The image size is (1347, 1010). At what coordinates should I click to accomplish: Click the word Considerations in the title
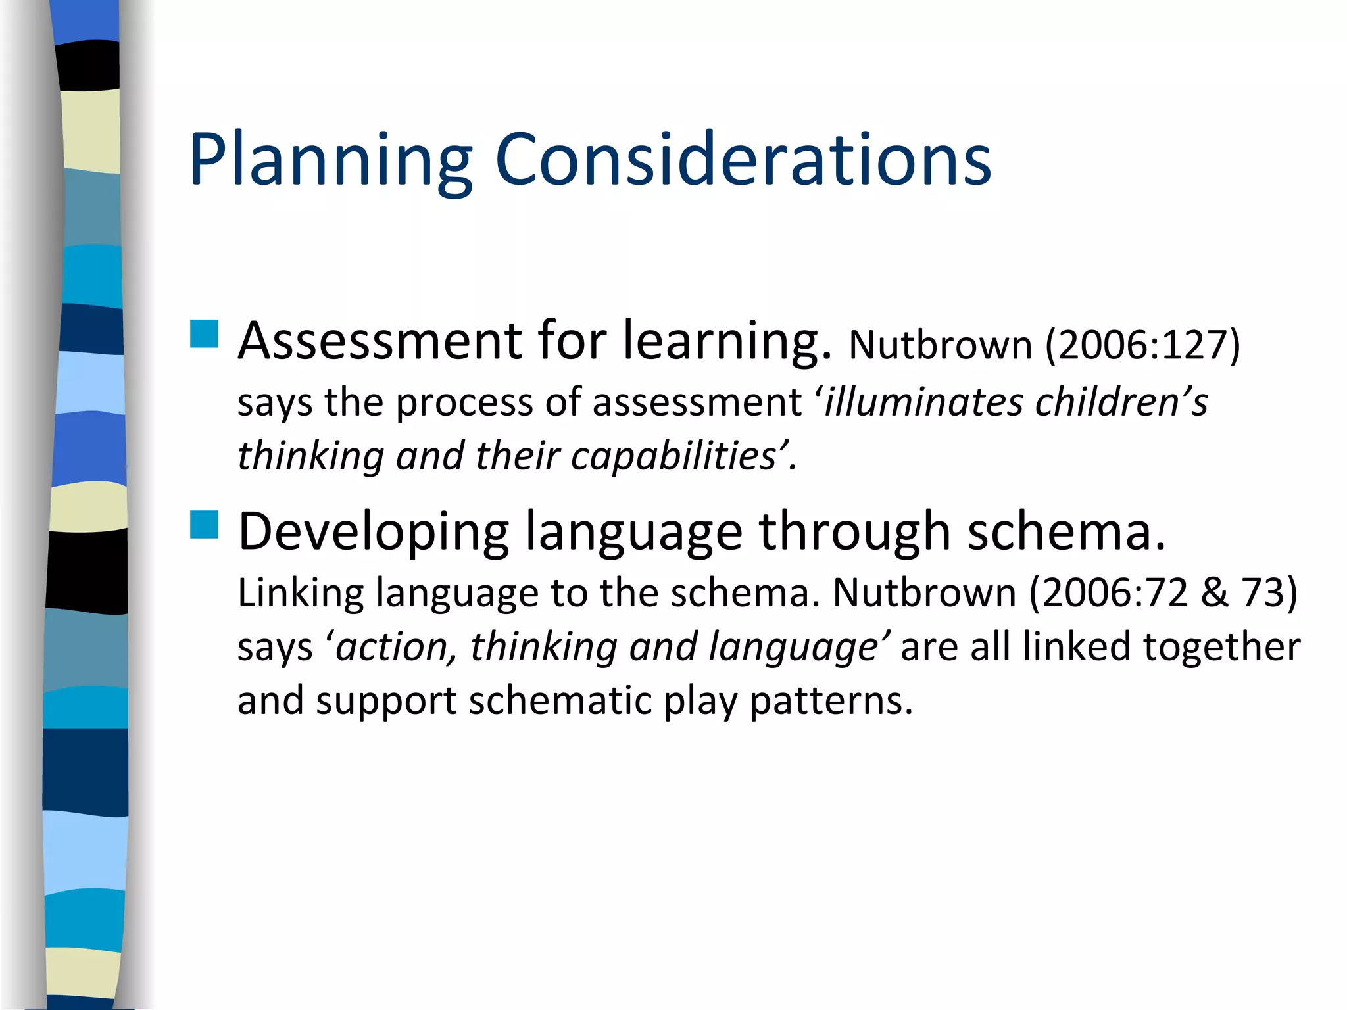point(743,160)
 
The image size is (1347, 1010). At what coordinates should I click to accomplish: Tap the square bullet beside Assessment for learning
point(204,333)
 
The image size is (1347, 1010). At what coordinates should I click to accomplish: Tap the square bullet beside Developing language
point(204,525)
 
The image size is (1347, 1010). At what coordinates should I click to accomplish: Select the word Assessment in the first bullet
point(380,341)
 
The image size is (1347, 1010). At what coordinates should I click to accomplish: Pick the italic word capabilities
point(675,456)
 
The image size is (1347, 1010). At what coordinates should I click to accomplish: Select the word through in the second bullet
point(854,531)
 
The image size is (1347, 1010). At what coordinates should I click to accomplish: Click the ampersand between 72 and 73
point(1214,592)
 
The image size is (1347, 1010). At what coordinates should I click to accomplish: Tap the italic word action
point(392,647)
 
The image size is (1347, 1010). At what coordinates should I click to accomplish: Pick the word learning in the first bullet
point(727,341)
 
